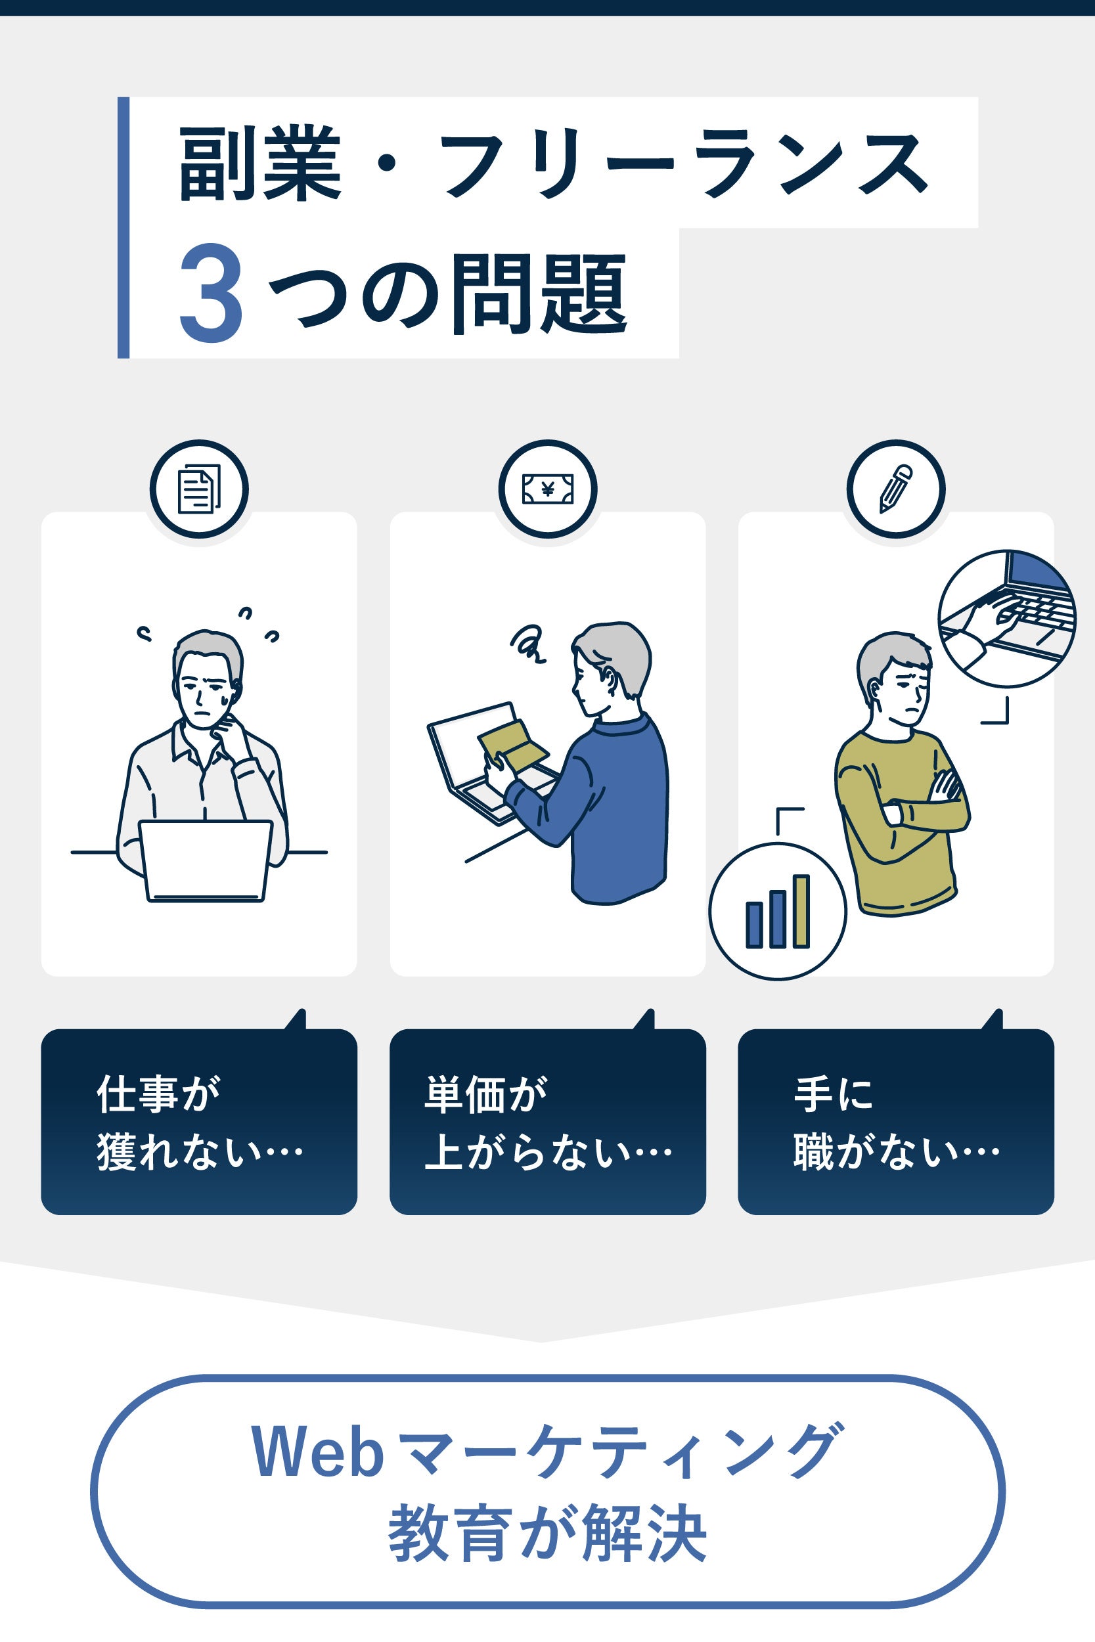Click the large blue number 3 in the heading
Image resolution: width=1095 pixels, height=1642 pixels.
click(x=211, y=293)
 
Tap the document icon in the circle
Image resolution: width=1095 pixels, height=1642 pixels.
click(x=199, y=489)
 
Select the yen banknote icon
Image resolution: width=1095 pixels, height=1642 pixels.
click(x=548, y=489)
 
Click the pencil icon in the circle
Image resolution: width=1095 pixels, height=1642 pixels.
click(x=896, y=489)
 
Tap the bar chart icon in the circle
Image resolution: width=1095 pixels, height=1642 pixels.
click(x=778, y=911)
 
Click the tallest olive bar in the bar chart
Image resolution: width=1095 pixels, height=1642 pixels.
click(x=801, y=911)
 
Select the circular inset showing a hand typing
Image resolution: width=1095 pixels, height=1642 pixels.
click(x=1006, y=619)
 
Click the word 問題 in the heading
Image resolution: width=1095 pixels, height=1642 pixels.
click(x=539, y=293)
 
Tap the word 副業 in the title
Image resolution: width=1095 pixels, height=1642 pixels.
click(x=259, y=164)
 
